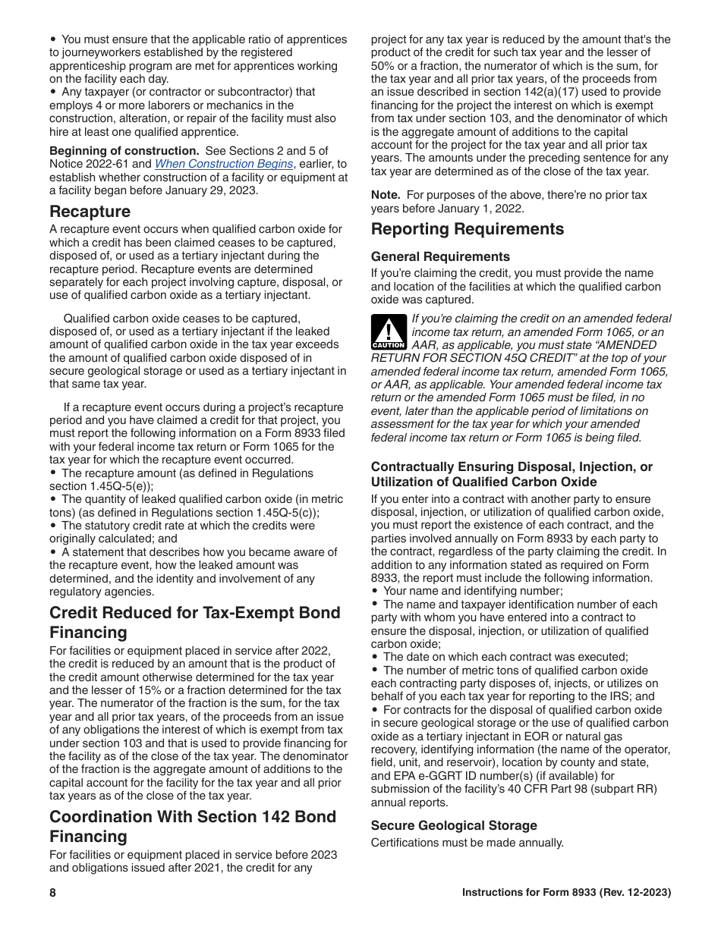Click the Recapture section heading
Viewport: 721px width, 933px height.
90,211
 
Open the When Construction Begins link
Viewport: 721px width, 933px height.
224,164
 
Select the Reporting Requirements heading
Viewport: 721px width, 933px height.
467,229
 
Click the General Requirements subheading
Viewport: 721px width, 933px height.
440,256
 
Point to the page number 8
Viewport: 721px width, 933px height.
53,893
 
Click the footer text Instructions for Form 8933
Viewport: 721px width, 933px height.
566,893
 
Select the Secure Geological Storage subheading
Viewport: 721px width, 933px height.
454,825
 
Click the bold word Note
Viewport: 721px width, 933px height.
385,195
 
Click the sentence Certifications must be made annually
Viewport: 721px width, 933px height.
467,842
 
